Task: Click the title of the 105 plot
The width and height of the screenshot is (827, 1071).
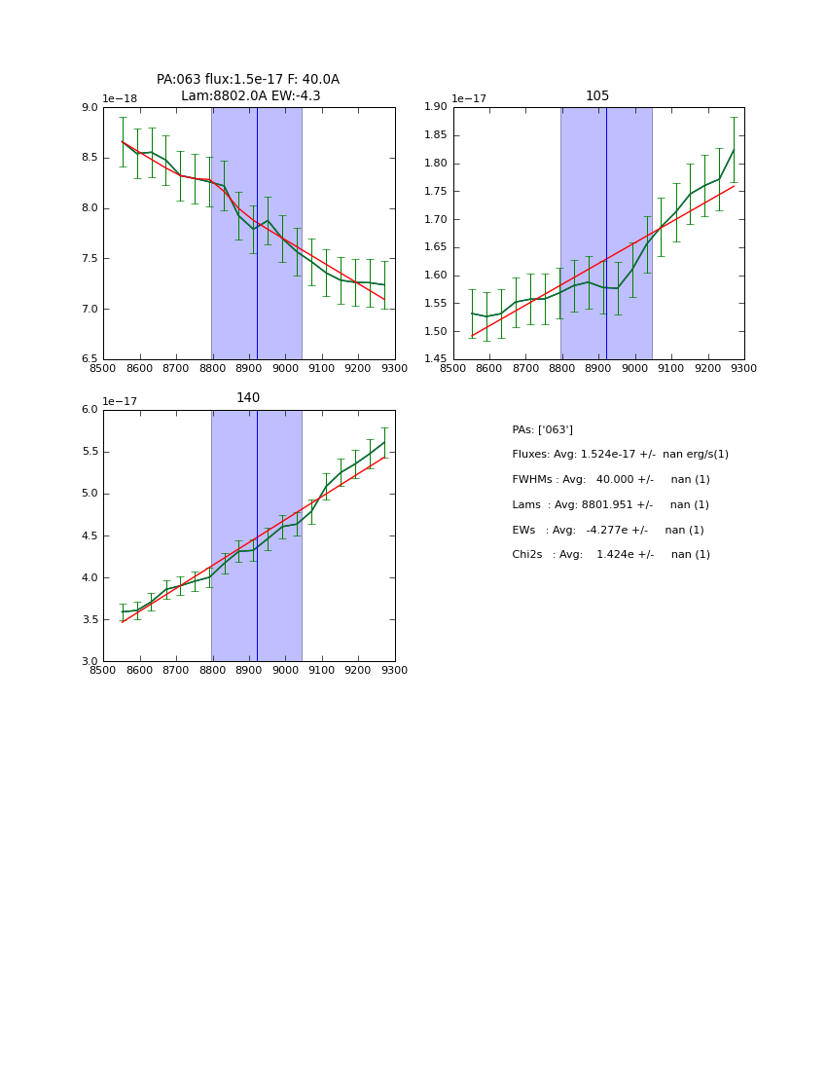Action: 597,96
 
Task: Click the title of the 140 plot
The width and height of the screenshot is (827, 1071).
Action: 248,398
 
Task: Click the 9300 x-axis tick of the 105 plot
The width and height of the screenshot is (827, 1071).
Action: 743,369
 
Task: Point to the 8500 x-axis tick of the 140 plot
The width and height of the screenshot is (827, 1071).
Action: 103,671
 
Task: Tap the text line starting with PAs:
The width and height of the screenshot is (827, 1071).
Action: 542,429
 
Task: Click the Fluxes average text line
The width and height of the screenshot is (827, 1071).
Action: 620,455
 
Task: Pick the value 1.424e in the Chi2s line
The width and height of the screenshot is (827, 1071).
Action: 616,555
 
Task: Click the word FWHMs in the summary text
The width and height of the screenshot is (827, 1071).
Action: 534,480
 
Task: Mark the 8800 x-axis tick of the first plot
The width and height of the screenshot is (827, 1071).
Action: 212,369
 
